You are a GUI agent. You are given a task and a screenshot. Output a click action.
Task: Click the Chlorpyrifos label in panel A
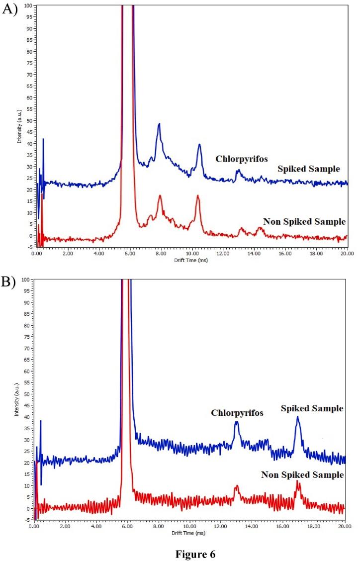[x=241, y=159]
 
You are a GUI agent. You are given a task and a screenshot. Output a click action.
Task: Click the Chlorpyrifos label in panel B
[x=237, y=413]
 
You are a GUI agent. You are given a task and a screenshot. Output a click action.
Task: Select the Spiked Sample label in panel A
[x=309, y=169]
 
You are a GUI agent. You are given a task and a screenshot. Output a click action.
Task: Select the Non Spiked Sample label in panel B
[x=302, y=475]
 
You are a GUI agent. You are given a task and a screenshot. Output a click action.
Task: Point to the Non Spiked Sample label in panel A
[x=304, y=221]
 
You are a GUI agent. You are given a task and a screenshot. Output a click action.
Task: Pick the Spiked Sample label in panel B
[x=312, y=408]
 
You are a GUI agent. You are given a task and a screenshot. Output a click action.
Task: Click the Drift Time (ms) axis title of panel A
[x=191, y=260]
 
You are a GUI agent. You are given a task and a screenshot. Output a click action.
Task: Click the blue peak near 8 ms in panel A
[x=159, y=124]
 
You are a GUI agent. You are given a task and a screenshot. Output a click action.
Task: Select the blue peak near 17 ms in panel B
[x=297, y=417]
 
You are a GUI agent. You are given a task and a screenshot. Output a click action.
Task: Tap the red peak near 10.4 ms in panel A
[x=197, y=196]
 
